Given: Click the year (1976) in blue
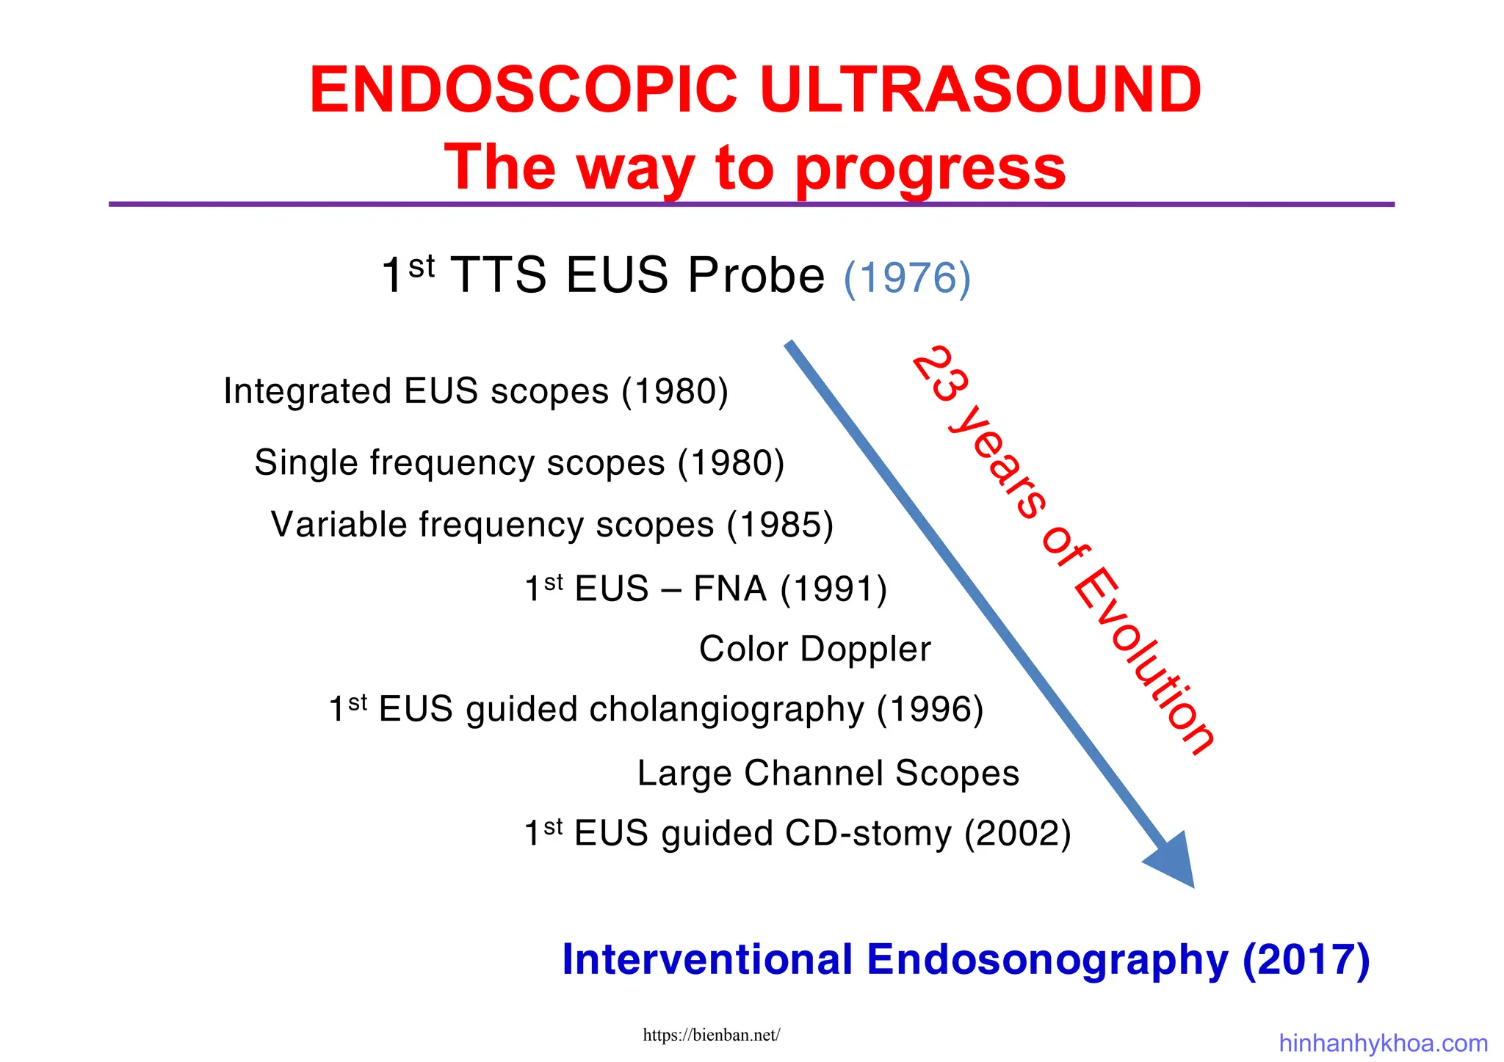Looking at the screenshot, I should click(x=907, y=278).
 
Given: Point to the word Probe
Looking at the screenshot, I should click(x=756, y=276).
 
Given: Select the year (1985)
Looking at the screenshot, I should click(x=780, y=525).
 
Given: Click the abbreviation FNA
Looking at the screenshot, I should click(x=730, y=589).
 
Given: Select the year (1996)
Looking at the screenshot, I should click(x=930, y=710).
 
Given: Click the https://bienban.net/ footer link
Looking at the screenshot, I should click(x=711, y=1036).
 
